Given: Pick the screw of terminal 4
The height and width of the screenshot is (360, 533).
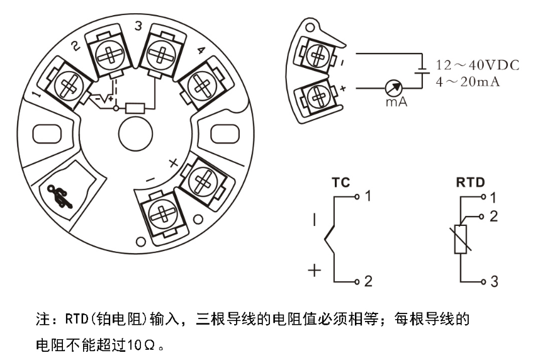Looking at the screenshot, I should pyautogui.click(x=201, y=82).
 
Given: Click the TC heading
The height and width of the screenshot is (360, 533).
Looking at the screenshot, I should pyautogui.click(x=340, y=183).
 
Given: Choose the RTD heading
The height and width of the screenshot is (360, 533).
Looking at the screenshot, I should pyautogui.click(x=469, y=183).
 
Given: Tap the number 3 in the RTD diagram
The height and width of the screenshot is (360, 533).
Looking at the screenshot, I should pyautogui.click(x=494, y=281).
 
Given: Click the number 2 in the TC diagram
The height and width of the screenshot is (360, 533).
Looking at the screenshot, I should pyautogui.click(x=368, y=281).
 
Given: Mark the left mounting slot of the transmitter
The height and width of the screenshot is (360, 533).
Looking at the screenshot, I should pyautogui.click(x=46, y=134).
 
